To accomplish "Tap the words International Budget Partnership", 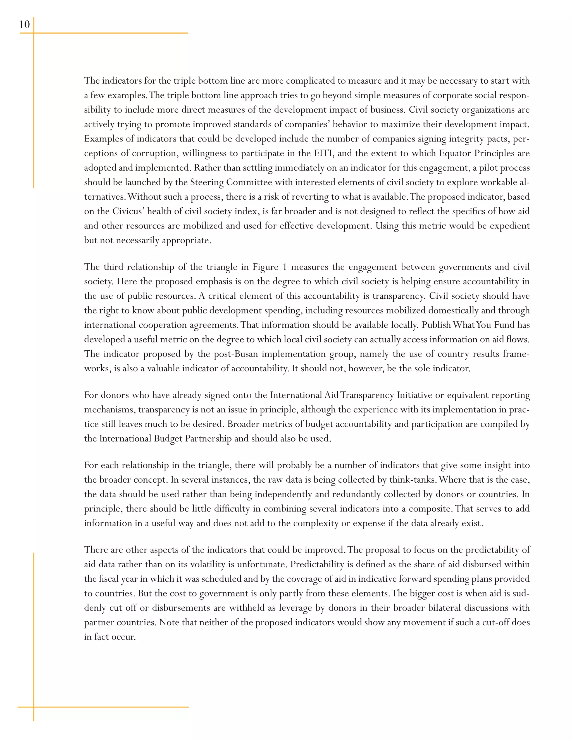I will (165, 439).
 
